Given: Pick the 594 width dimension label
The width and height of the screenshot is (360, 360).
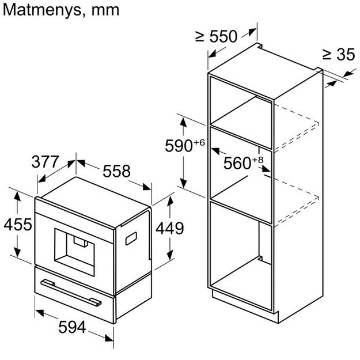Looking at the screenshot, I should click(x=73, y=328).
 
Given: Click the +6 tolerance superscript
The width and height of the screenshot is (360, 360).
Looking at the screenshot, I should click(x=199, y=142).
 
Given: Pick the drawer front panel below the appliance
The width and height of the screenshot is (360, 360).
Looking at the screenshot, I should click(x=75, y=294).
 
